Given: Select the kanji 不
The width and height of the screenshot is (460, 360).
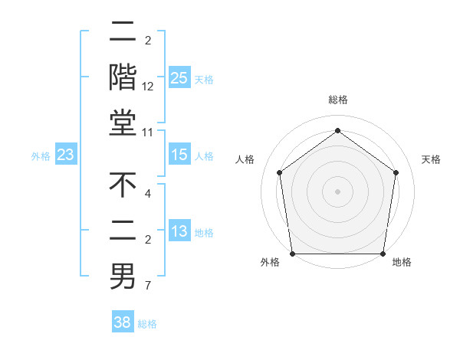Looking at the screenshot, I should click(123, 185).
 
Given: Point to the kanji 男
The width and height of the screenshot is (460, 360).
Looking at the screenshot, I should click(123, 277).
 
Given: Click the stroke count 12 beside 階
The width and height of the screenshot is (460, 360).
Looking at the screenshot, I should click(149, 87).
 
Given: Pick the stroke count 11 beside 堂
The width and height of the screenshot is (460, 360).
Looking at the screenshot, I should click(149, 133).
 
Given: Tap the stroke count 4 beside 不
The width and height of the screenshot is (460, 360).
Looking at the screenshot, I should click(149, 194).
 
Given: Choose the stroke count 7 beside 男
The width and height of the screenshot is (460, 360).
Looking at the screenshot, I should click(149, 286).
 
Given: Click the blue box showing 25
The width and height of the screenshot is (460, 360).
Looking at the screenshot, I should click(179, 78).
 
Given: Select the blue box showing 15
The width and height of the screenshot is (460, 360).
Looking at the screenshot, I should click(179, 155).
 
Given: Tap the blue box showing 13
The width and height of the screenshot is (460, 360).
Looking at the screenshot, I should click(179, 232).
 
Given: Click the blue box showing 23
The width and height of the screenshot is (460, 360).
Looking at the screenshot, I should click(65, 155).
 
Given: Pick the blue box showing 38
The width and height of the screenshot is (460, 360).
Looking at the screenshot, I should click(123, 323).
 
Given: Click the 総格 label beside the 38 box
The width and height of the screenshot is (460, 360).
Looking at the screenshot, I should click(147, 324).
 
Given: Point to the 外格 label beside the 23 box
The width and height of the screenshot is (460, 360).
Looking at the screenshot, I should click(41, 156).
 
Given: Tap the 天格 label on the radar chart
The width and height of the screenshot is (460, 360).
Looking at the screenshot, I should click(431, 159).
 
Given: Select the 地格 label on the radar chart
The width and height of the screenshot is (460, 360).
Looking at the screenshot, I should click(402, 263).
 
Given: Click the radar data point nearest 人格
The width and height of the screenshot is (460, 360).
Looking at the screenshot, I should click(280, 172).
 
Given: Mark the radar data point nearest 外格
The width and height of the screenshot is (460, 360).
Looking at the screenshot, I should click(292, 254).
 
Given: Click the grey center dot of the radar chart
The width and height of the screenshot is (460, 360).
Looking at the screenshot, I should click(337, 191).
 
